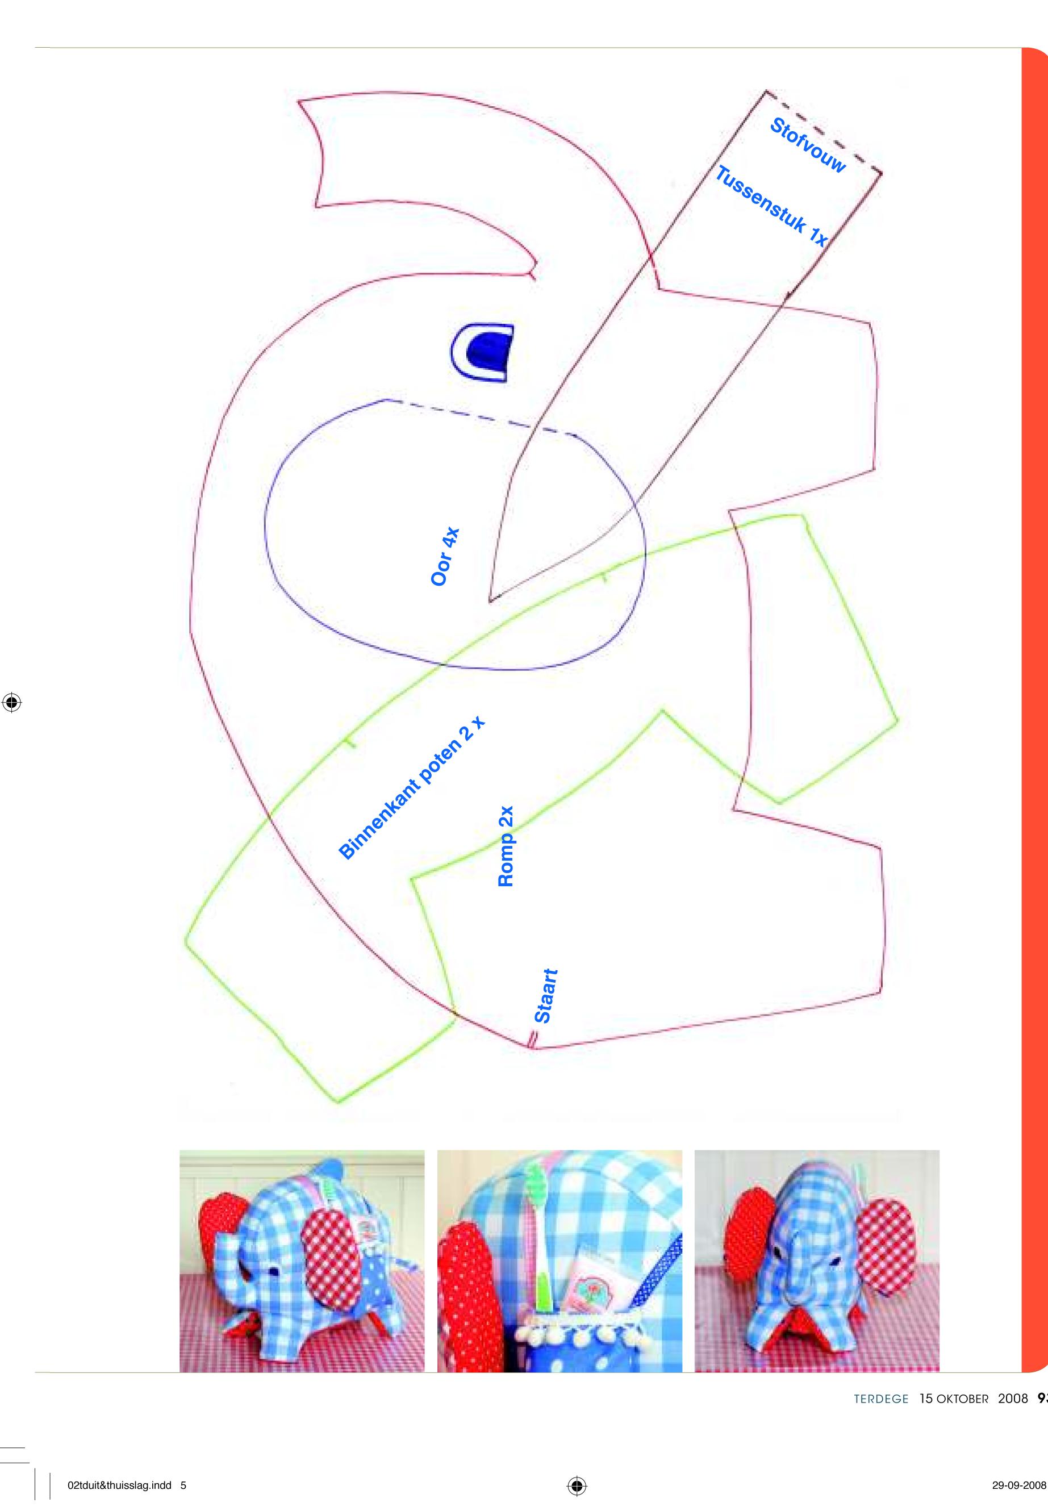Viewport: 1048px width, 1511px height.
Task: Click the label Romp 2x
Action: [x=506, y=846]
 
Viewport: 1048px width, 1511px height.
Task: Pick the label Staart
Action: [x=546, y=996]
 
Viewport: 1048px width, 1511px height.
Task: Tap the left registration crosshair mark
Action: [x=12, y=702]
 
